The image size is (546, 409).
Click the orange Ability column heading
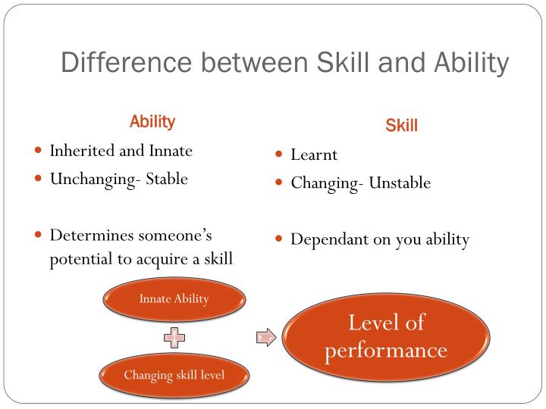point(152,121)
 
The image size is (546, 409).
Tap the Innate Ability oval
point(174,298)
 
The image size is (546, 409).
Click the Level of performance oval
point(386,336)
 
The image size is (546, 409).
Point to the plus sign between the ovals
point(174,337)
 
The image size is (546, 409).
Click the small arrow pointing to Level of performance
point(265,337)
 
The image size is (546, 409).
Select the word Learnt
point(314,155)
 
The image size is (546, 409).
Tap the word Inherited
point(81,151)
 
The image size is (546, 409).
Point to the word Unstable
point(400,183)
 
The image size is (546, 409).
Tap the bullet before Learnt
point(279,155)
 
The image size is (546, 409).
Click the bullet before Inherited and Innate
point(38,150)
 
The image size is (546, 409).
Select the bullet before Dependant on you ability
point(279,239)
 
